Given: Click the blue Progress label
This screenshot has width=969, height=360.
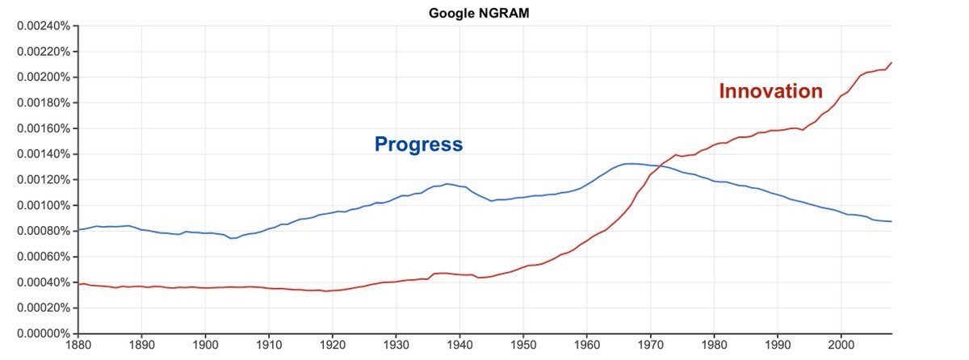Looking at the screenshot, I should [418, 144].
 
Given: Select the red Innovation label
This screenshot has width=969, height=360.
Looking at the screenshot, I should [770, 91].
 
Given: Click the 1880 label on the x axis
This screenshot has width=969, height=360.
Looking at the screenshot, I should [78, 344].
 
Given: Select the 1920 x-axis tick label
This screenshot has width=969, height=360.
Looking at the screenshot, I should [333, 344].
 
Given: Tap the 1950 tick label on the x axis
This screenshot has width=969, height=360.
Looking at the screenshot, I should [523, 344].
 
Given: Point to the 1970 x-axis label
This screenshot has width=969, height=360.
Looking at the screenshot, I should [651, 344].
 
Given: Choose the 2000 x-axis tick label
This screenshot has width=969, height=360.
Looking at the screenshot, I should [841, 344].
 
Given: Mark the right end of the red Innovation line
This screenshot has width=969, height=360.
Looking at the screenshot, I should [891, 62].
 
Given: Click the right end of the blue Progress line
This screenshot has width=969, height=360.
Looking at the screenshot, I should [891, 221].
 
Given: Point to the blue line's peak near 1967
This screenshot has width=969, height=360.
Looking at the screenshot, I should [631, 164].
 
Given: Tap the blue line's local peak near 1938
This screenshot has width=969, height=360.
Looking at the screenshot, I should [447, 184].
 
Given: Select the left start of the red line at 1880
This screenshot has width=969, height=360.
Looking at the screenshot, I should [79, 284].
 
